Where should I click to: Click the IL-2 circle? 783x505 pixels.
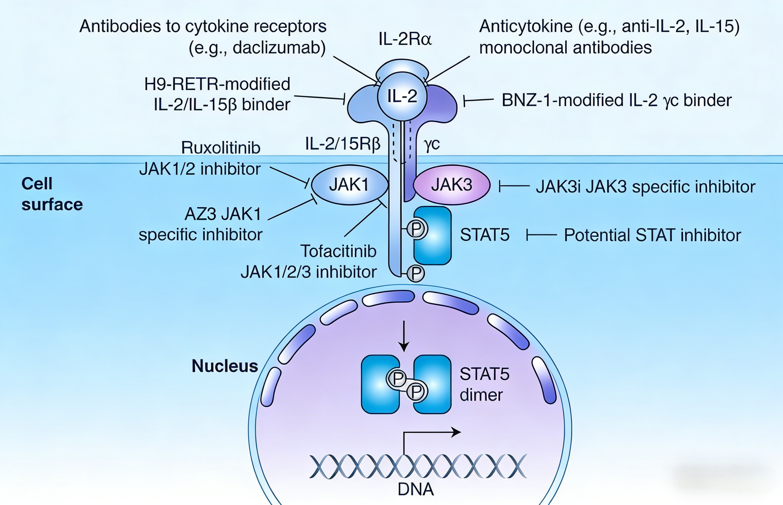[x=402, y=96]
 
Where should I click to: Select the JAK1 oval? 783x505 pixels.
[x=349, y=185]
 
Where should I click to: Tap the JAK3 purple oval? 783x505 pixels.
[x=452, y=185]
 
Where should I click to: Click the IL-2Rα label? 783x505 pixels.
[x=405, y=39]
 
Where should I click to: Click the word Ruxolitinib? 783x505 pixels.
[x=220, y=147]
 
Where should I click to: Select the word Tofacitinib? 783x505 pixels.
[x=338, y=251]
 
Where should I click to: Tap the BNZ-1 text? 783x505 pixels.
[x=528, y=100]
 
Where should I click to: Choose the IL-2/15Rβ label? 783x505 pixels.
[x=342, y=144]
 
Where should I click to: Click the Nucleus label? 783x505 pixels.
[x=225, y=366]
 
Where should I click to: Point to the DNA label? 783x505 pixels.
[x=415, y=489]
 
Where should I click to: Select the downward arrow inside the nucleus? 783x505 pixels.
[x=404, y=336]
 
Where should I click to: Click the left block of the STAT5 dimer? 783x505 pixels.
[x=380, y=384]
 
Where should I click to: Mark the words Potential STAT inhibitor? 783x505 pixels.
[x=652, y=235]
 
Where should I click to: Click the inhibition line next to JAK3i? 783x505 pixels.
[x=514, y=186]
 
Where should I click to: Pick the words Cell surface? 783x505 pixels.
[x=52, y=194]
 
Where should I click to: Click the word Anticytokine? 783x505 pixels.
[x=525, y=26]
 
